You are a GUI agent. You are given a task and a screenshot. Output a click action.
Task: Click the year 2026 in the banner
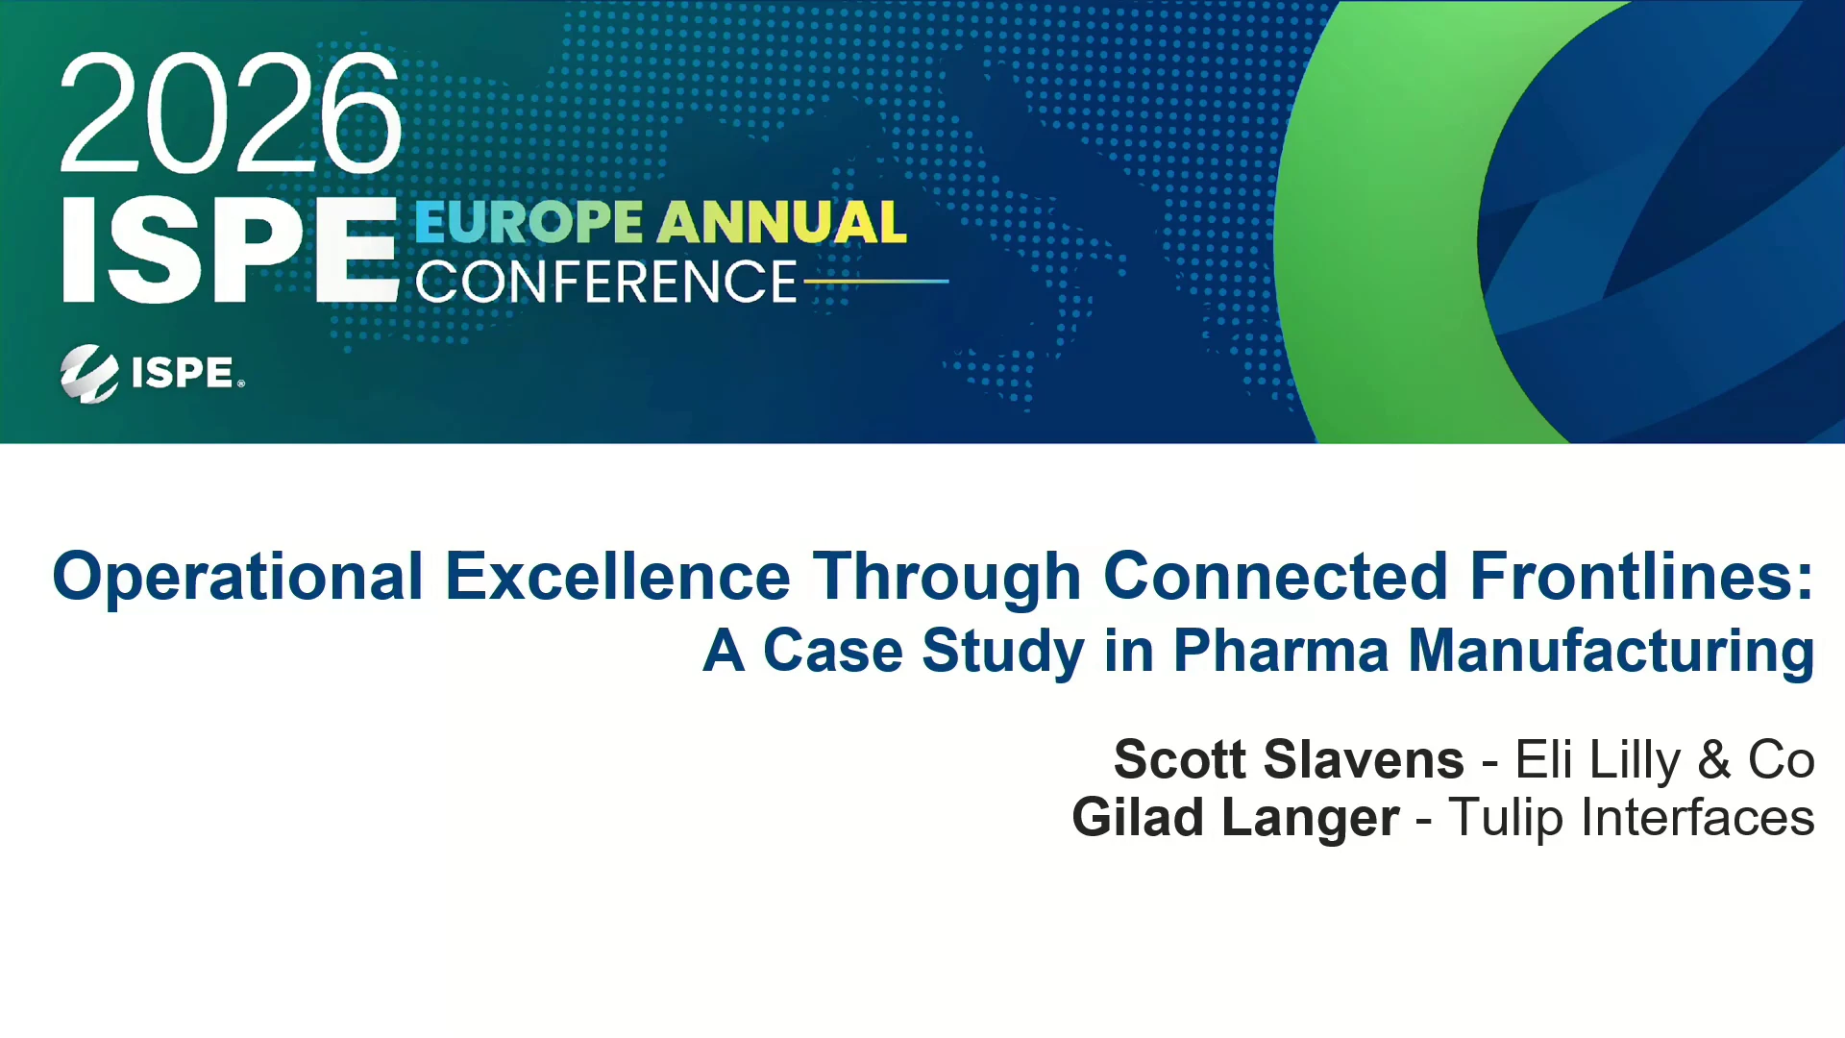pos(231,113)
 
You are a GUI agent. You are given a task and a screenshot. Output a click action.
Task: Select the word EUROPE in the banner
pos(529,222)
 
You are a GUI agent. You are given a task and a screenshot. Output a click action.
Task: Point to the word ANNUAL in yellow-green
pos(781,222)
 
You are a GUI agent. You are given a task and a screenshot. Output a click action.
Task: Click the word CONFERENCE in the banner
pos(606,282)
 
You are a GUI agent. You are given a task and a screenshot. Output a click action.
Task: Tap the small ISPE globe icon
pos(89,373)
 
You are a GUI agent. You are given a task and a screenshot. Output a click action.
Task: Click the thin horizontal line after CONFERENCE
pos(876,282)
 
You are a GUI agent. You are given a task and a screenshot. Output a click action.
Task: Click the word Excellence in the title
pos(618,577)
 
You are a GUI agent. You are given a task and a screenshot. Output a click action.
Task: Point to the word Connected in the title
pos(1275,577)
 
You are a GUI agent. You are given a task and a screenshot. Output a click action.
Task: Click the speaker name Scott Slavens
pos(1290,759)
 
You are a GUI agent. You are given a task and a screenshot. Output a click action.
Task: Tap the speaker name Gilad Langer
pos(1236,819)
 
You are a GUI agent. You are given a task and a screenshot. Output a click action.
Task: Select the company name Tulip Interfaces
pos(1632,819)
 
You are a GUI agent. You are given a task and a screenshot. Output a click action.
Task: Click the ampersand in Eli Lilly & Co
pos(1714,760)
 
